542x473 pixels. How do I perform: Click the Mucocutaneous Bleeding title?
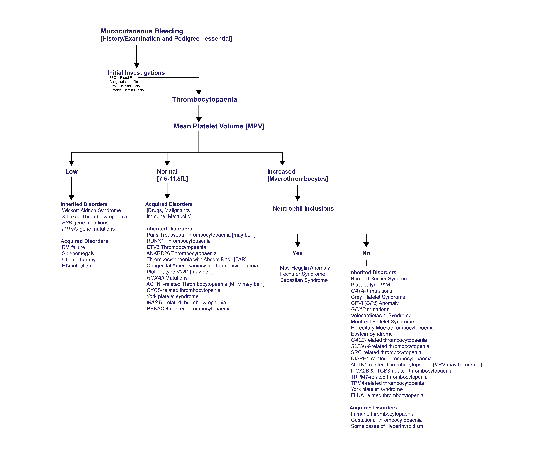pos(142,31)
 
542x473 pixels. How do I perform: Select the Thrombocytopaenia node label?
pos(204,100)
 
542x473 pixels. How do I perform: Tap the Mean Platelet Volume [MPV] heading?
pos(219,126)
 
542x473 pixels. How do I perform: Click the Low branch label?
pos(71,172)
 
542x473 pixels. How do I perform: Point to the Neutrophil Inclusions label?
pos(303,208)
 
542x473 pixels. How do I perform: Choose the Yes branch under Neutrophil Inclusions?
pos(297,253)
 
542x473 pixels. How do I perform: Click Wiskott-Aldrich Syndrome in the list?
pos(91,210)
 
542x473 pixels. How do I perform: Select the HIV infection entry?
pos(76,266)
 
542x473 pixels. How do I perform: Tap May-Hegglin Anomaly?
pos(305,268)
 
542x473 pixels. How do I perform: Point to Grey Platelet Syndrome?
pos(378,297)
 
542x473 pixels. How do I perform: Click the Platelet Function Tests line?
pos(126,90)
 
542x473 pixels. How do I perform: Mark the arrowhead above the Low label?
pos(71,163)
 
